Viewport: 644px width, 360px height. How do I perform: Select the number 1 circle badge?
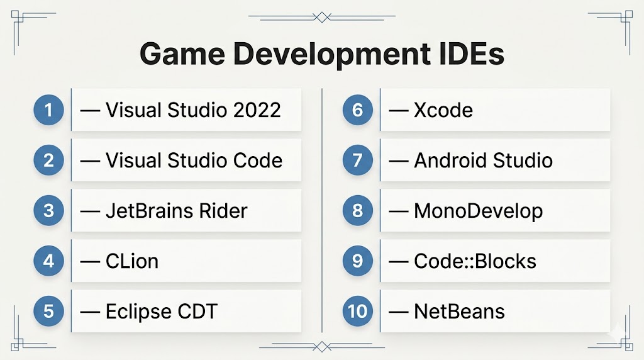[49, 110]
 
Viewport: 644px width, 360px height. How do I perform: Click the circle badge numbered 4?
[49, 261]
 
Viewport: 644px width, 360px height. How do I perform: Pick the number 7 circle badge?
[358, 160]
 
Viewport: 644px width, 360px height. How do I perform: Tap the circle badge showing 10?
[358, 311]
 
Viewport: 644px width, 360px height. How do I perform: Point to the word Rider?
[223, 211]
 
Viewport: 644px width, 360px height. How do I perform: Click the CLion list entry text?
[132, 261]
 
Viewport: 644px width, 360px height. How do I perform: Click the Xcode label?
[443, 110]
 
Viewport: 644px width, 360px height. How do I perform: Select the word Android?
[450, 160]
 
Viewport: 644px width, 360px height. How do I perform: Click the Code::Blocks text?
[475, 261]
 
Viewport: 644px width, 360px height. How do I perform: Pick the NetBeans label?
[460, 312]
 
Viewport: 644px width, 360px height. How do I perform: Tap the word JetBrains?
[150, 211]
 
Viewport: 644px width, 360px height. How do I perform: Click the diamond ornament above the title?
[322, 17]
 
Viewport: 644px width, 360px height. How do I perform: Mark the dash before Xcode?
[398, 111]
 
